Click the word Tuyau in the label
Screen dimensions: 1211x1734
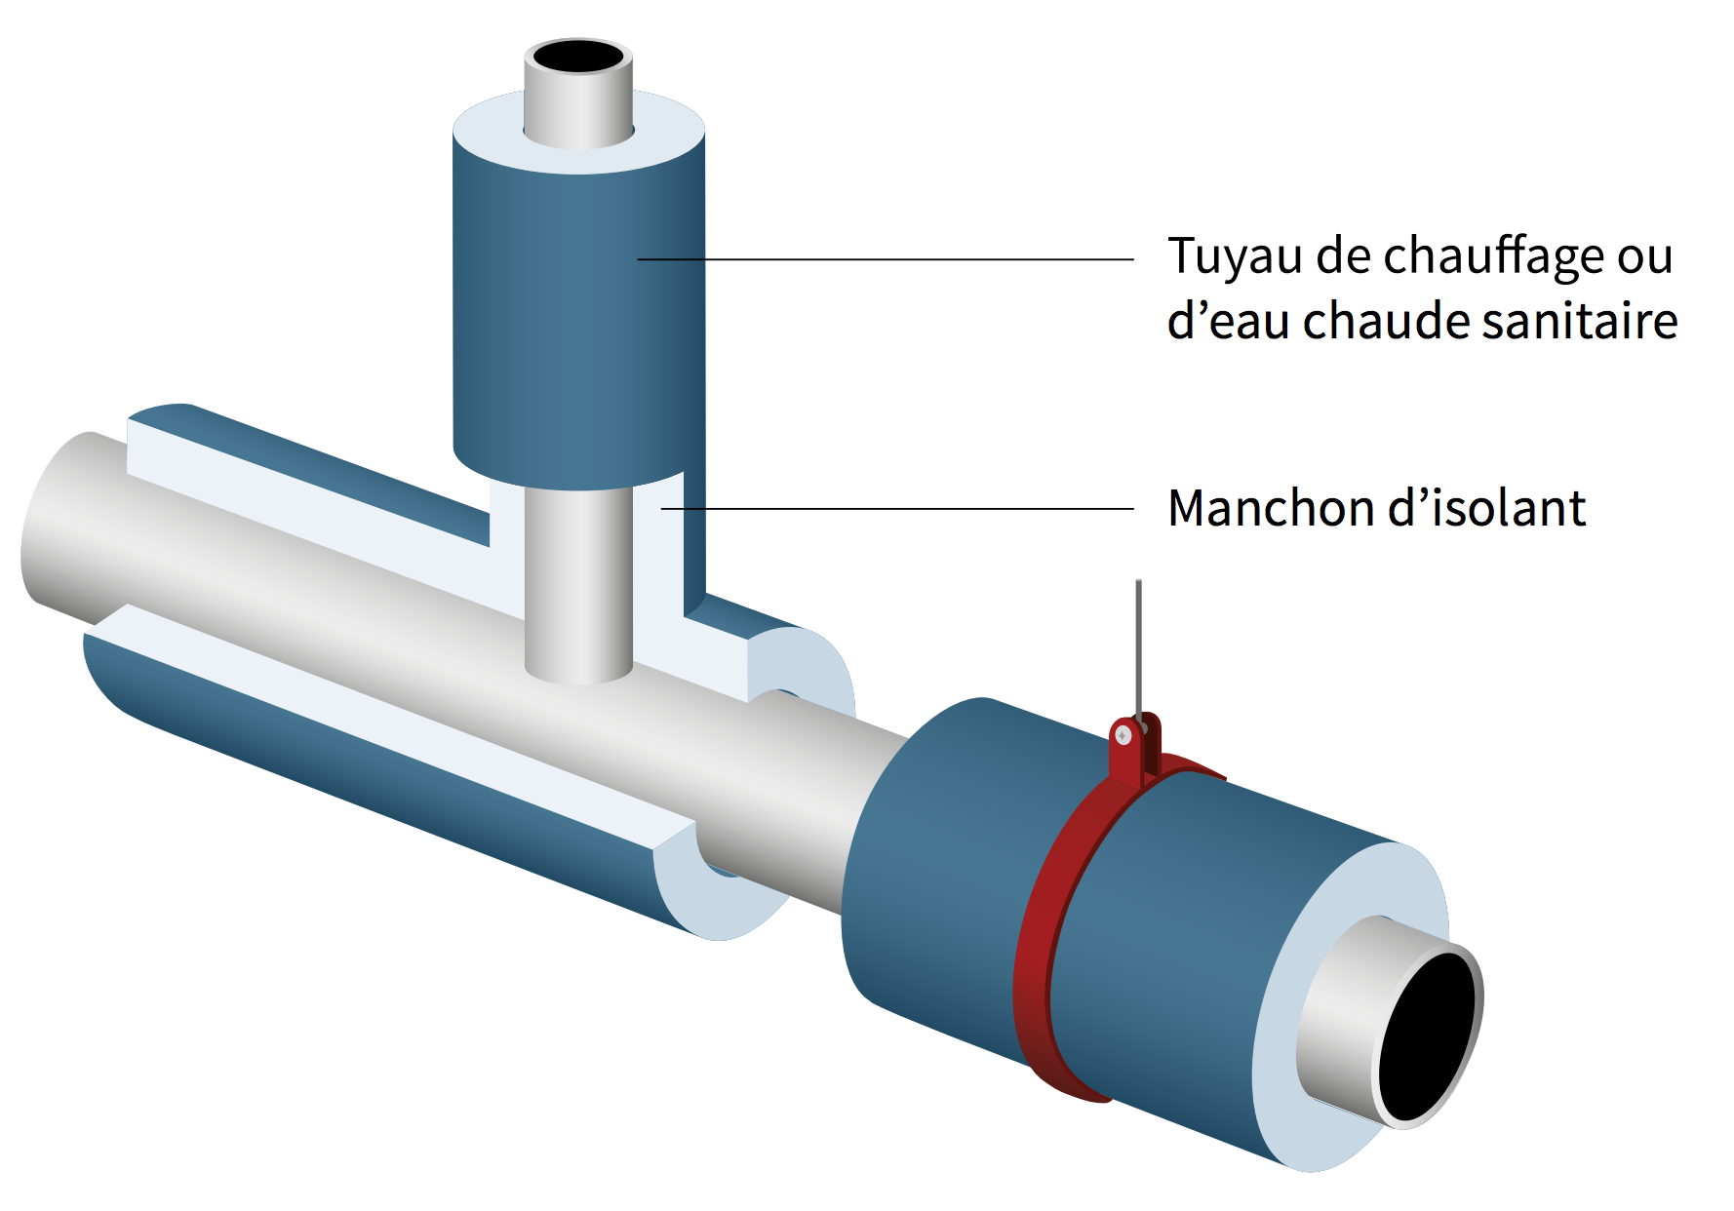pyautogui.click(x=1235, y=256)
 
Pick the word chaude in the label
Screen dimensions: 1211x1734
pyautogui.click(x=1386, y=321)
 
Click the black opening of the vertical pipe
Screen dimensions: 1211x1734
pyautogui.click(x=577, y=57)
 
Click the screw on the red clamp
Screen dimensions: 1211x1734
pyautogui.click(x=1123, y=735)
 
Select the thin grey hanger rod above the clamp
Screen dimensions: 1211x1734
pyautogui.click(x=1138, y=644)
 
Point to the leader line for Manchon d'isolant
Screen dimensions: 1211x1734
pyautogui.click(x=897, y=508)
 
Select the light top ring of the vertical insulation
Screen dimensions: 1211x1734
pyautogui.click(x=488, y=137)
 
